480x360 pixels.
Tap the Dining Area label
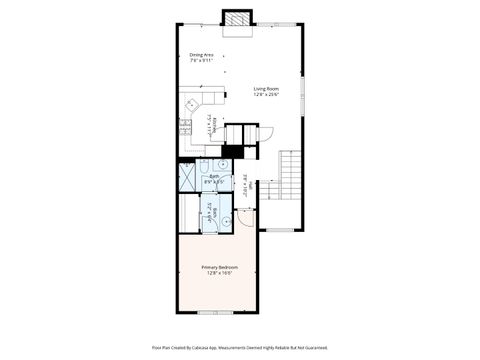[x=202, y=54]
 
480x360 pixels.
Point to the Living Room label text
[x=265, y=88]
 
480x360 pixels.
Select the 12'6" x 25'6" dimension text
[x=265, y=94]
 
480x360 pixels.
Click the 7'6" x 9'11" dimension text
[x=202, y=60]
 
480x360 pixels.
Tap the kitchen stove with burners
[x=184, y=126]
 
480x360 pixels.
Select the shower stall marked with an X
[x=188, y=176]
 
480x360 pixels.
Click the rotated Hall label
[x=246, y=184]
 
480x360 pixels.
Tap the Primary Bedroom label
[x=217, y=267]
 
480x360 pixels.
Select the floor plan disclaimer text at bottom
[x=240, y=348]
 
